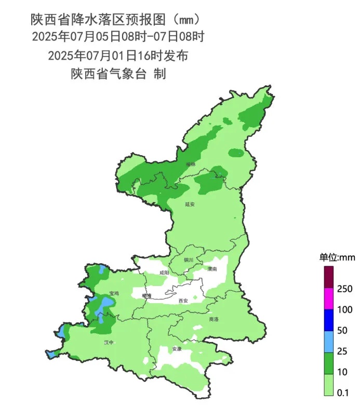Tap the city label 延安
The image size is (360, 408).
click(190, 205)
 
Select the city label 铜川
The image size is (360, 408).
click(188, 260)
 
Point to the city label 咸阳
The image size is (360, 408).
click(164, 273)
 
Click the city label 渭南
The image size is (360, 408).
click(211, 269)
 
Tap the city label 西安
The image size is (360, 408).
click(183, 301)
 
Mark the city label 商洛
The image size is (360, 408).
click(214, 319)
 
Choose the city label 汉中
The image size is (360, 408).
click(109, 343)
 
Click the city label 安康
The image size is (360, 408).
click(177, 349)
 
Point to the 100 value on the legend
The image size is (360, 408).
click(345, 310)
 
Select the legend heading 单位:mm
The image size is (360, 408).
click(336, 257)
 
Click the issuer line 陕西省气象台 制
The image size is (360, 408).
click(118, 74)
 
